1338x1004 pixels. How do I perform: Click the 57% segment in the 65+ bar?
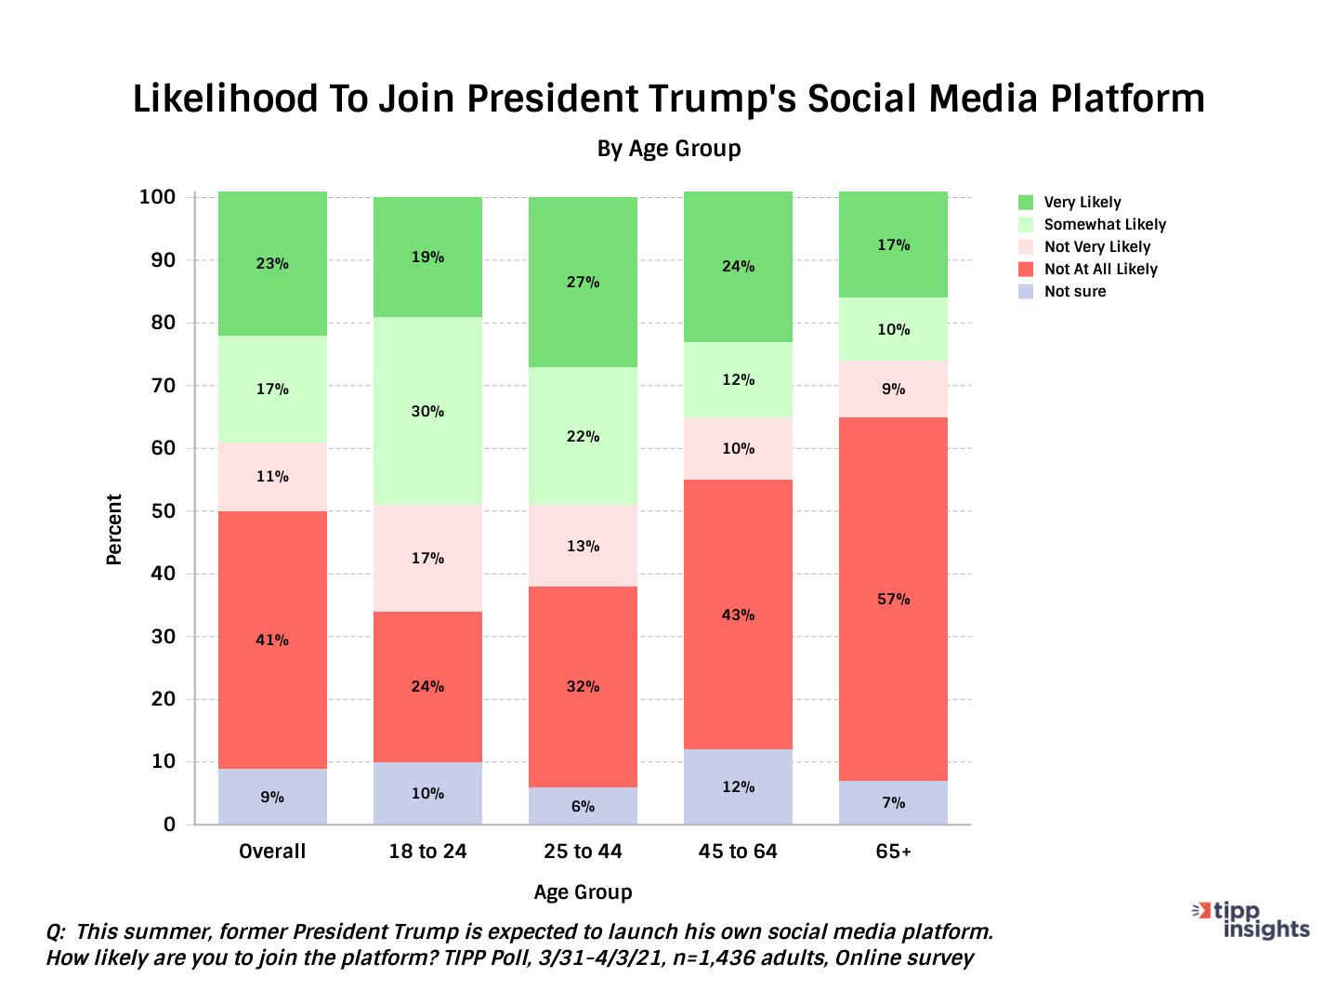pyautogui.click(x=893, y=599)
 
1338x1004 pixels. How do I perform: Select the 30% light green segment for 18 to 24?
pyautogui.click(x=427, y=411)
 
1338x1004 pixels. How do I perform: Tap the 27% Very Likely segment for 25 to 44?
pyautogui.click(x=583, y=282)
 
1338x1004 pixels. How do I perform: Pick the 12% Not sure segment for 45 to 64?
pyautogui.click(x=738, y=786)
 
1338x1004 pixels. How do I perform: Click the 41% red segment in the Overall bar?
pyautogui.click(x=272, y=640)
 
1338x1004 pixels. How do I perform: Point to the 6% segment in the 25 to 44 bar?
pyautogui.click(x=583, y=806)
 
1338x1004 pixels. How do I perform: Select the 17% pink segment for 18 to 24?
pyautogui.click(x=427, y=558)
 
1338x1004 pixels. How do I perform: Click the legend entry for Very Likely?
pyautogui.click(x=1082, y=203)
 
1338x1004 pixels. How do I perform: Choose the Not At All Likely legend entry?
pyautogui.click(x=1100, y=270)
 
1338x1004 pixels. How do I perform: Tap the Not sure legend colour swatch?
pyautogui.click(x=1026, y=292)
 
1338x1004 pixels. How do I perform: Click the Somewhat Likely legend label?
pyautogui.click(x=1105, y=225)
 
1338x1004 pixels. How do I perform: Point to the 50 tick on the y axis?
pyautogui.click(x=164, y=511)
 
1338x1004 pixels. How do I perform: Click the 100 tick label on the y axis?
pyautogui.click(x=157, y=197)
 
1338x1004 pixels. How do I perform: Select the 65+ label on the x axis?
pyautogui.click(x=893, y=852)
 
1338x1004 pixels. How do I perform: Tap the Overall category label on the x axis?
pyautogui.click(x=272, y=852)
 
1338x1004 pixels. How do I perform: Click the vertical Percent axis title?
pyautogui.click(x=114, y=529)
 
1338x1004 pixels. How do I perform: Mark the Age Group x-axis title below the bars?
pyautogui.click(x=583, y=892)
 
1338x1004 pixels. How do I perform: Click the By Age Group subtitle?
pyautogui.click(x=669, y=149)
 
